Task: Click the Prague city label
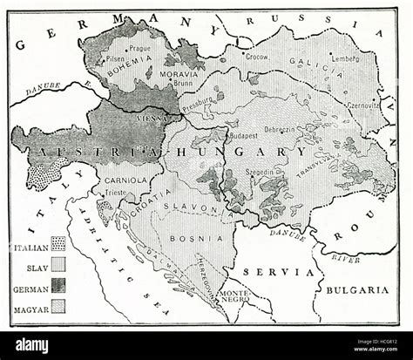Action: [141, 49]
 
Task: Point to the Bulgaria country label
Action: [359, 289]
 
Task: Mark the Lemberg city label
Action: [344, 58]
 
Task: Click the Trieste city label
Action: [117, 192]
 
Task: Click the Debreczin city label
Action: [280, 129]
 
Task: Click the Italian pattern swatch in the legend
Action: [58, 243]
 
